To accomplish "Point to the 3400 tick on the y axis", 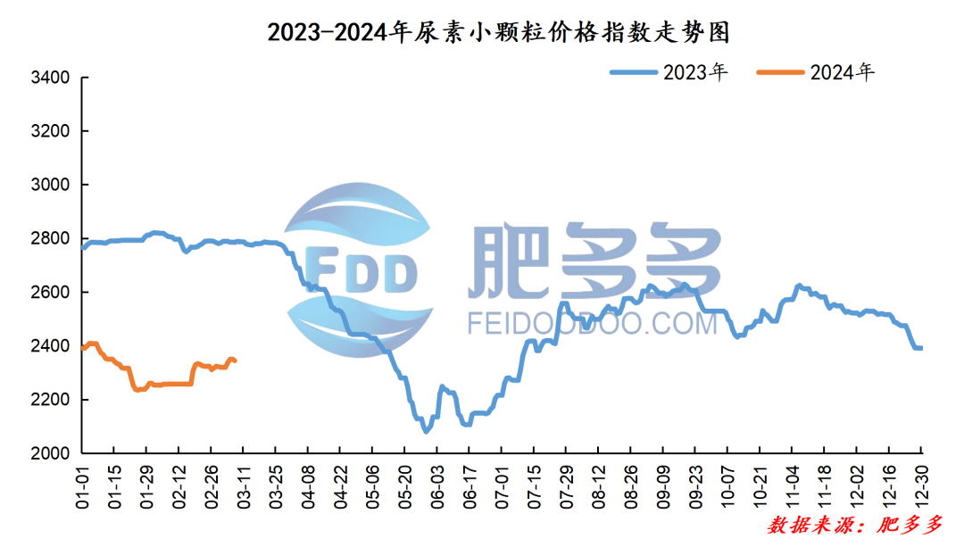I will (50, 79).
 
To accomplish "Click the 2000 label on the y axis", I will (50, 453).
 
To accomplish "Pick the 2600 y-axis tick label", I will (50, 293).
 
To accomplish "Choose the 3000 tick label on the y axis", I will (50, 186).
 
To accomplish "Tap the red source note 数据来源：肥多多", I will (854, 526).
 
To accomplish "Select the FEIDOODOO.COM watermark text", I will (592, 323).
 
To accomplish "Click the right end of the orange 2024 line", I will (234, 360).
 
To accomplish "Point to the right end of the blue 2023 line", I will (920, 348).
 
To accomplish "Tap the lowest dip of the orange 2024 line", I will (137, 390).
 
